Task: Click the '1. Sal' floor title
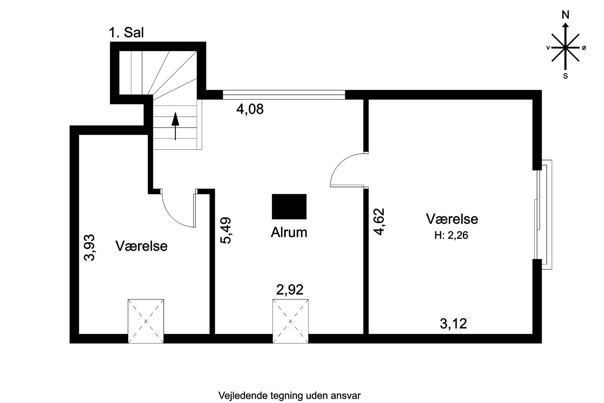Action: pos(126,33)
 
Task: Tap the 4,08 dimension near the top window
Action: pos(250,109)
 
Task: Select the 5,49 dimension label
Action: pos(226,230)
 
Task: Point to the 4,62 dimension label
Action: pos(379,222)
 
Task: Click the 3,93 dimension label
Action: pos(90,248)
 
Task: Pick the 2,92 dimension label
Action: pos(290,290)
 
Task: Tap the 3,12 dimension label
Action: pos(453,324)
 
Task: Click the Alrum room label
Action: pos(289,233)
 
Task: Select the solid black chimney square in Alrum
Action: pos(289,207)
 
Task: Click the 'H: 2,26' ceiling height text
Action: pos(451,235)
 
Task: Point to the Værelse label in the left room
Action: pos(141,246)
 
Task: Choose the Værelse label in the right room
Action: pos(452,219)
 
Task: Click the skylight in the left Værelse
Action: pos(146,321)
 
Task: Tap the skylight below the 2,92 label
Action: pos(290,321)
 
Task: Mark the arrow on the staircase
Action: pos(175,126)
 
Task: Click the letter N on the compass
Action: pos(565,15)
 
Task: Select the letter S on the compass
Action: pos(565,76)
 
